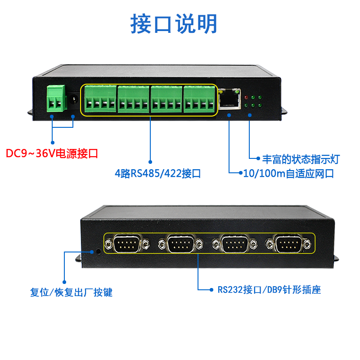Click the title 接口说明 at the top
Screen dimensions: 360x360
click(x=174, y=23)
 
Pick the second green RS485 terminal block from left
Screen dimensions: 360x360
click(x=133, y=99)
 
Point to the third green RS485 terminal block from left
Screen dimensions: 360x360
click(x=166, y=99)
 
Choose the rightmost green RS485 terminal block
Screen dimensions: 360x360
click(x=199, y=99)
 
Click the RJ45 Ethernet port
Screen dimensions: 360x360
click(x=229, y=98)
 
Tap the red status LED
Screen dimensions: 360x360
click(x=246, y=97)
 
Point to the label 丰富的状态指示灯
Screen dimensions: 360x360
click(x=301, y=159)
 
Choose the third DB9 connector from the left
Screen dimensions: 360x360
click(x=235, y=245)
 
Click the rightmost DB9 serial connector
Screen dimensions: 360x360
click(x=288, y=245)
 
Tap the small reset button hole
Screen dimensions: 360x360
click(x=98, y=251)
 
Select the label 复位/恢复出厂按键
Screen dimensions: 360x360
click(x=71, y=292)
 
